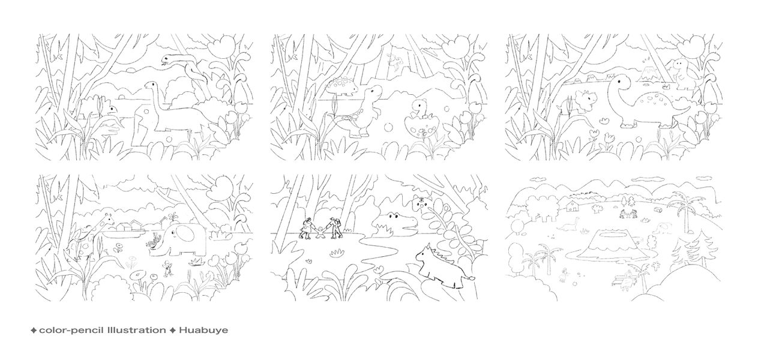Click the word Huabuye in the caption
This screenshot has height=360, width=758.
pos(203,330)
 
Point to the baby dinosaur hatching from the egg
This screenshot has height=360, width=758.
pos(420,108)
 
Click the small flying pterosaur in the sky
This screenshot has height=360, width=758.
pos(396,62)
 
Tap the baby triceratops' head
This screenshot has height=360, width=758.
pos(586,100)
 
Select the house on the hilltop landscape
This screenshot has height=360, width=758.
pos(571,206)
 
